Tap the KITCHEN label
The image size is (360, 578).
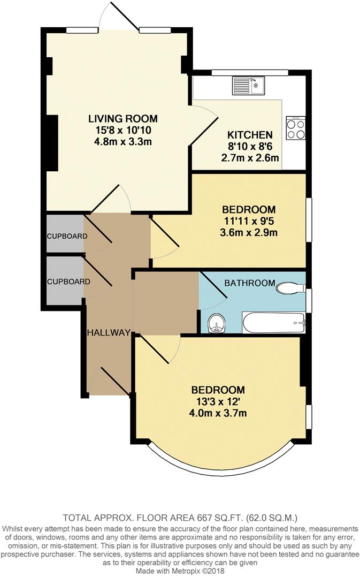click(x=250, y=135)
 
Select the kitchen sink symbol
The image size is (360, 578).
click(x=248, y=85)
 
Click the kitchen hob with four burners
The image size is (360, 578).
click(x=296, y=128)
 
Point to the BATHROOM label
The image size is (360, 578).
click(x=249, y=283)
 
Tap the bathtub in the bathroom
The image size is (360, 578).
click(x=273, y=323)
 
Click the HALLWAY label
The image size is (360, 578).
click(x=109, y=332)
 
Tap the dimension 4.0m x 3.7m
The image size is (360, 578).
click(x=218, y=413)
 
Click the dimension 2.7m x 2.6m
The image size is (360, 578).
click(x=250, y=158)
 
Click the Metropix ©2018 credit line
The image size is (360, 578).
click(x=180, y=572)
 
